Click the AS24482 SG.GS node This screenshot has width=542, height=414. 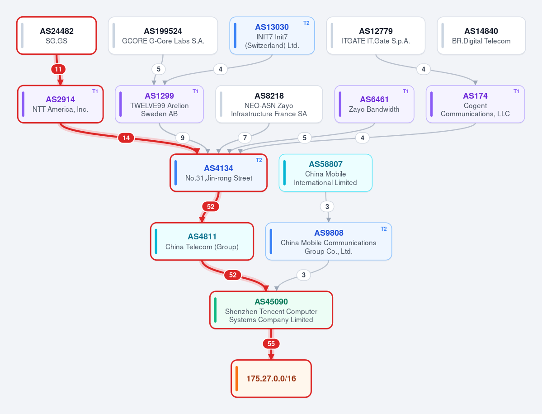pos(57,36)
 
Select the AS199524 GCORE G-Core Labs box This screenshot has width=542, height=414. pos(163,36)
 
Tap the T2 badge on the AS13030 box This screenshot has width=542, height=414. pos(306,23)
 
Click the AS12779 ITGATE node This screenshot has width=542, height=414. pos(376,36)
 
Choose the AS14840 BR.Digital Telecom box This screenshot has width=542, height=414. pos(481,36)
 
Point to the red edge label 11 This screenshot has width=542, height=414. pos(58,69)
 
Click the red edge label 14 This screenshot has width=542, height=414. pos(126,138)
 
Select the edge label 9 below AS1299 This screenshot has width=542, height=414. pos(183,138)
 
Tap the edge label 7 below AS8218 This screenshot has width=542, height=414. pos(245,138)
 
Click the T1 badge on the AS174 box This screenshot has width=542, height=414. pos(516,92)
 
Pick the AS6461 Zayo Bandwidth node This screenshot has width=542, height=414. pos(374,104)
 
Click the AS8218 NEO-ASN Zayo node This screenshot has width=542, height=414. pos(269,104)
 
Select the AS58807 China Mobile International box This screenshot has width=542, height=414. pos(325,172)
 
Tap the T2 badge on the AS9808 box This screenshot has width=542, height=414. pos(383,229)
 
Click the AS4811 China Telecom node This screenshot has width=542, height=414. pos(202,242)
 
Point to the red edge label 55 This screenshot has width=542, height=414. pos(271,344)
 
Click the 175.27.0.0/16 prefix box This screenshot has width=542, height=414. pos(271,379)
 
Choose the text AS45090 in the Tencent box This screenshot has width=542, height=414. pos(271,302)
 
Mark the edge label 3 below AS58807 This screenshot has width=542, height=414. pos(327,207)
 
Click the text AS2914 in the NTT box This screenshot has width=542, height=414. pos(60,99)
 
